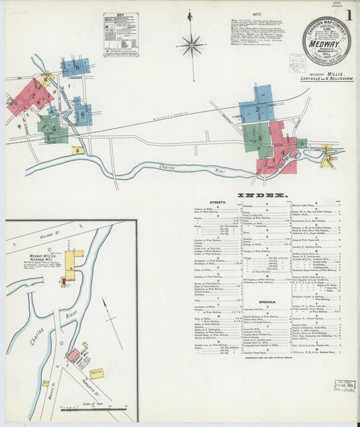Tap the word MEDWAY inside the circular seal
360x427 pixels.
pyautogui.click(x=326, y=39)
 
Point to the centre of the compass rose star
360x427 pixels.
pyautogui.click(x=191, y=46)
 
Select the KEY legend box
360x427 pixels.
pyautogui.click(x=121, y=34)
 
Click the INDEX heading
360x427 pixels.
pyautogui.click(x=253, y=195)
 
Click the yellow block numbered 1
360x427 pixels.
pyautogui.click(x=328, y=159)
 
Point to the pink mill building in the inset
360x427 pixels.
pyautogui.click(x=72, y=354)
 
